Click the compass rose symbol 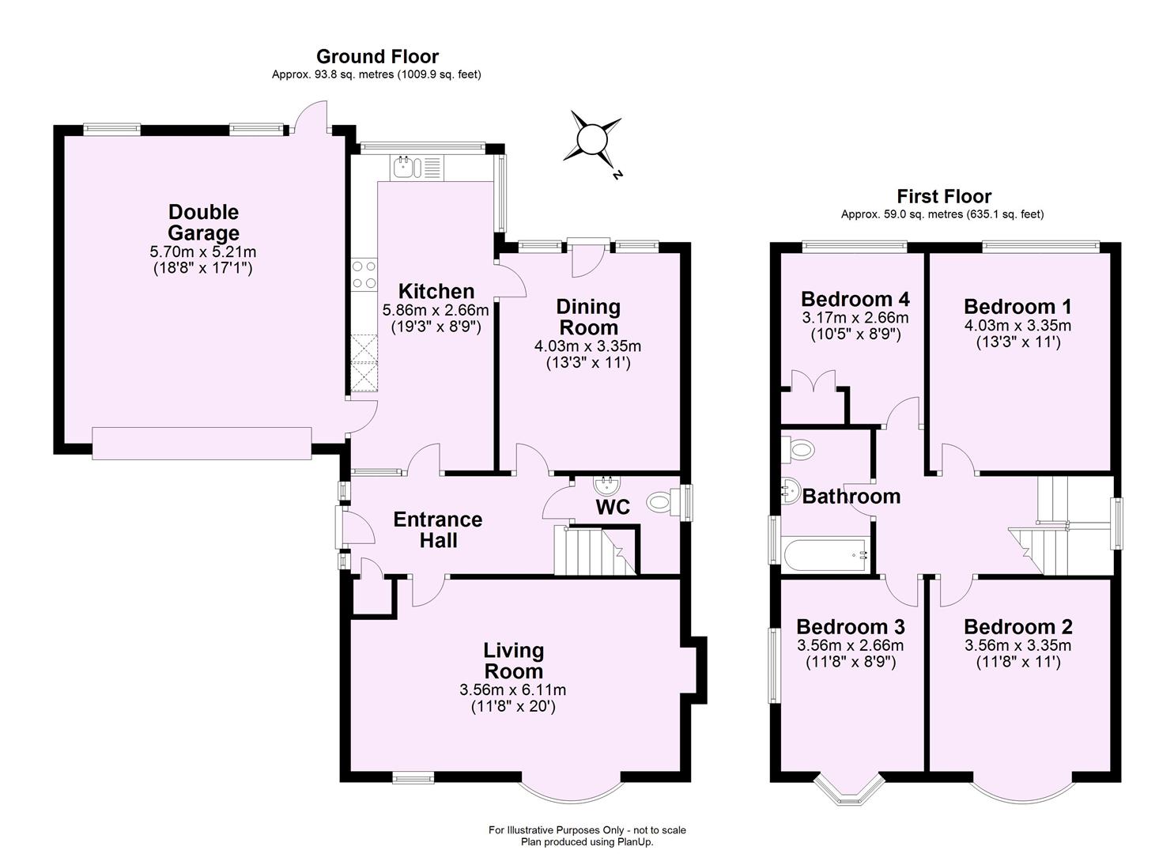tap(591, 140)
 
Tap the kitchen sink tap(405, 167)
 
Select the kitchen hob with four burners tap(364, 274)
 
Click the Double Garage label tap(203, 222)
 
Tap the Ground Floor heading tap(377, 56)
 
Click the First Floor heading tap(943, 196)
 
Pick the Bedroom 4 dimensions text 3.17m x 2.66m tap(855, 318)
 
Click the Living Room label tap(514, 660)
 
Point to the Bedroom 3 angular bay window tap(850, 788)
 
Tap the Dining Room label tap(588, 316)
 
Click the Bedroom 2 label tap(1017, 627)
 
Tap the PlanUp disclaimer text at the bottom tap(587, 836)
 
